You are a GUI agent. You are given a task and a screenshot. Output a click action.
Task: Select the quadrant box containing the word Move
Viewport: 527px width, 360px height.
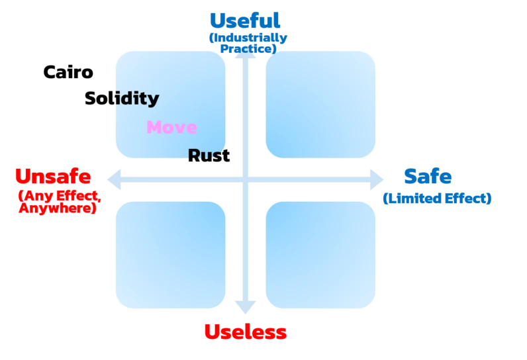coord(171,103)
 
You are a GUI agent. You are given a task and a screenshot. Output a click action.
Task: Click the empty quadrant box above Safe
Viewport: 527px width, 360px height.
coord(320,103)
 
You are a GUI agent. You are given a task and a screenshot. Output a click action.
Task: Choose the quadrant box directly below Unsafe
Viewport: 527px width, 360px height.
coord(171,255)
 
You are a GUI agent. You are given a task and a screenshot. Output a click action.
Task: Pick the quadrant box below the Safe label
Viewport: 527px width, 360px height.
coord(320,255)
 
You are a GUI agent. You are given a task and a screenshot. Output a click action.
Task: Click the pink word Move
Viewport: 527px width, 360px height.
coord(171,127)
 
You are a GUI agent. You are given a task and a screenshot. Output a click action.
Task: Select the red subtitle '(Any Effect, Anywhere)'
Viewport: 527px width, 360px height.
coord(58,201)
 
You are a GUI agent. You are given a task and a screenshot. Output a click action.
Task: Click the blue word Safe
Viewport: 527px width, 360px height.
coord(428,177)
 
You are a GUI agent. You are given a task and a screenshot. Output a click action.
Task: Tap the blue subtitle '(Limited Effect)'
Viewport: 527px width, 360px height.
coord(437,198)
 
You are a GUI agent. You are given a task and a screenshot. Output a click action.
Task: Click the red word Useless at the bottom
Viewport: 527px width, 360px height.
coord(244,332)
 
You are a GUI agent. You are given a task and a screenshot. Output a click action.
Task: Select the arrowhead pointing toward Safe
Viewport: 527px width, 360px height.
coord(379,179)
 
